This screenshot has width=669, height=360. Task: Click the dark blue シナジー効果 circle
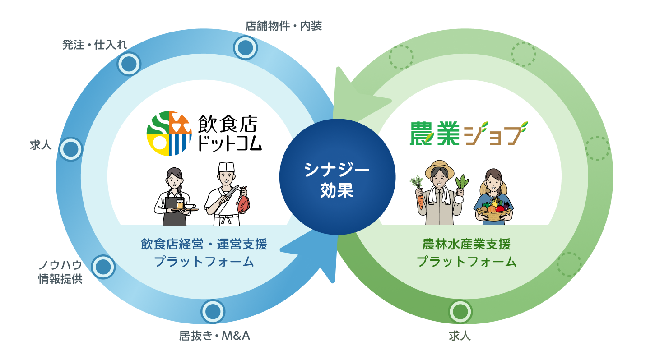[x=337, y=177]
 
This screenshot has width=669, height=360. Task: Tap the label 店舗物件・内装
[x=283, y=26]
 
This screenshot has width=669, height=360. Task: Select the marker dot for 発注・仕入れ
[x=129, y=64]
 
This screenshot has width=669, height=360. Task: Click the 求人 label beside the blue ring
[x=41, y=145]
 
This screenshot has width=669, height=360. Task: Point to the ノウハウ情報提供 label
[x=60, y=272]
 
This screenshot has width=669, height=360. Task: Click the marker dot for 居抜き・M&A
[x=212, y=312]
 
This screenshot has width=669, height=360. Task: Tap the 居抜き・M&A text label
[x=214, y=336]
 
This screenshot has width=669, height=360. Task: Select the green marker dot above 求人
[x=460, y=312]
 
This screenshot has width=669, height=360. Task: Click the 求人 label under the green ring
[x=460, y=336]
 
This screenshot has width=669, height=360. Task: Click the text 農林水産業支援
[x=466, y=245]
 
